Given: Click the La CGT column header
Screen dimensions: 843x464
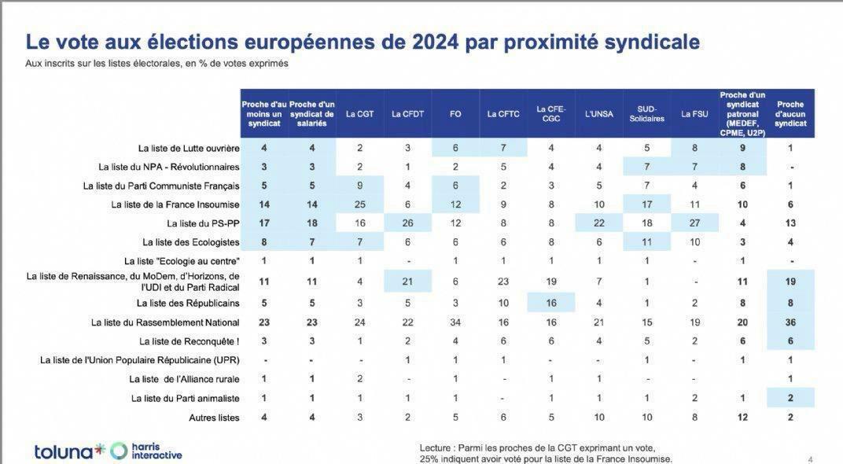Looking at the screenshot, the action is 359,114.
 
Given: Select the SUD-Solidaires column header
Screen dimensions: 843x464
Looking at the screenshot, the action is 646,114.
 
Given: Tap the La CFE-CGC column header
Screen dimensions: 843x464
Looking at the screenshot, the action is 551,114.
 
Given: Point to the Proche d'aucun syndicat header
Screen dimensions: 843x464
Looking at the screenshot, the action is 790,114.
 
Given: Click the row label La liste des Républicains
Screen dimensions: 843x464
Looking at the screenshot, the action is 188,304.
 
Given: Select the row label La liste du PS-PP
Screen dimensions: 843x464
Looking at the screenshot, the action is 203,223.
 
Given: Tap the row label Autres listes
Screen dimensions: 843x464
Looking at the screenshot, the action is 214,418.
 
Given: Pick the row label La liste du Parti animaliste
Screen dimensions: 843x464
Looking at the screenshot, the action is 185,399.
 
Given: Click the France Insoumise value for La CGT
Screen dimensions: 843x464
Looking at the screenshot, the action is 359,204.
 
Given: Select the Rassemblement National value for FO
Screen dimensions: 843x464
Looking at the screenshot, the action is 455,322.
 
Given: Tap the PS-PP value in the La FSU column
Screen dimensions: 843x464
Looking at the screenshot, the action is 694,223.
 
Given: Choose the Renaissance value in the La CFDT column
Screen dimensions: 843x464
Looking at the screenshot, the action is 407,282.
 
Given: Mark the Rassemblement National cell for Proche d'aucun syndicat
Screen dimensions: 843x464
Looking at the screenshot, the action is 790,322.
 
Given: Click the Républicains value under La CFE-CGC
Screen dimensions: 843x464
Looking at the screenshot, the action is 551,304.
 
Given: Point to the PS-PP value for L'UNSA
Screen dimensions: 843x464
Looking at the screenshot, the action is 599,223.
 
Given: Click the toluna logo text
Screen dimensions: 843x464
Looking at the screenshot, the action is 63,452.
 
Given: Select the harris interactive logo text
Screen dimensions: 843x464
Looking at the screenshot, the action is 156,451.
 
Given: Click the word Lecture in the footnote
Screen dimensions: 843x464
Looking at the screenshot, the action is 435,447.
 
